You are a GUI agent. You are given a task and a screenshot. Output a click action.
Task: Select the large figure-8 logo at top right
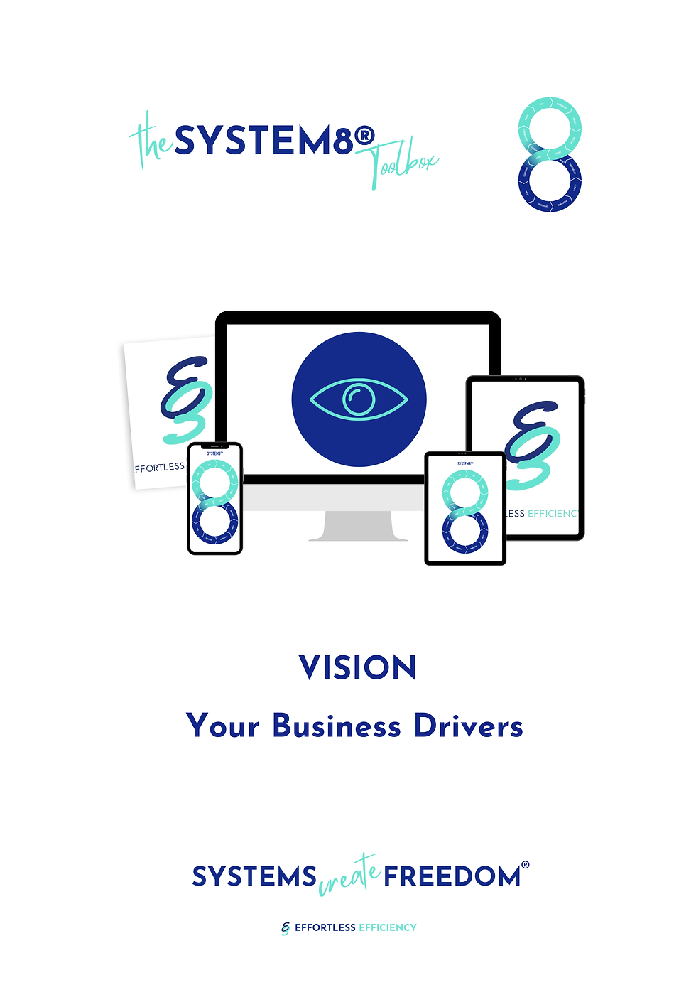(550, 154)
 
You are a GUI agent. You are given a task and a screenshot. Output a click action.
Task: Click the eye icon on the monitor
(359, 399)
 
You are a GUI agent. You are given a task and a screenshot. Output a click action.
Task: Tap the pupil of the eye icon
(359, 399)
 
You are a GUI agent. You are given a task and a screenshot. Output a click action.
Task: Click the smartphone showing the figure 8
(215, 498)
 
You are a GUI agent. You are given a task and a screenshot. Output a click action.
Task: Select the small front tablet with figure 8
(465, 508)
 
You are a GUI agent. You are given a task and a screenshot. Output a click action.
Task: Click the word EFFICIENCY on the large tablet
(553, 513)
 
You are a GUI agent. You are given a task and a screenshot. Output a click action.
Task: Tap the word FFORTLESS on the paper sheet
(160, 468)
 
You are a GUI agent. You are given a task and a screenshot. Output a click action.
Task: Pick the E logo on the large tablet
(534, 444)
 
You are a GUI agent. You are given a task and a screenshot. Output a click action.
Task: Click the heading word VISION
(358, 668)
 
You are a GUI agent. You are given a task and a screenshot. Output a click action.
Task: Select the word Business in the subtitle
(337, 726)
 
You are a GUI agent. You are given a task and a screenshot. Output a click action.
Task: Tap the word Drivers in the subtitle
(469, 726)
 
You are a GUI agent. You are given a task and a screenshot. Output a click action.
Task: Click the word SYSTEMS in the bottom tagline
(254, 876)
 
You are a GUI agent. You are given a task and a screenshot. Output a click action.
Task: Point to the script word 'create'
(349, 876)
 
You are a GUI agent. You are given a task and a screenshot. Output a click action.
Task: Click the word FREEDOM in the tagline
(452, 876)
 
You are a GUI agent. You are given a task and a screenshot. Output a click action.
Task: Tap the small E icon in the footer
(286, 927)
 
